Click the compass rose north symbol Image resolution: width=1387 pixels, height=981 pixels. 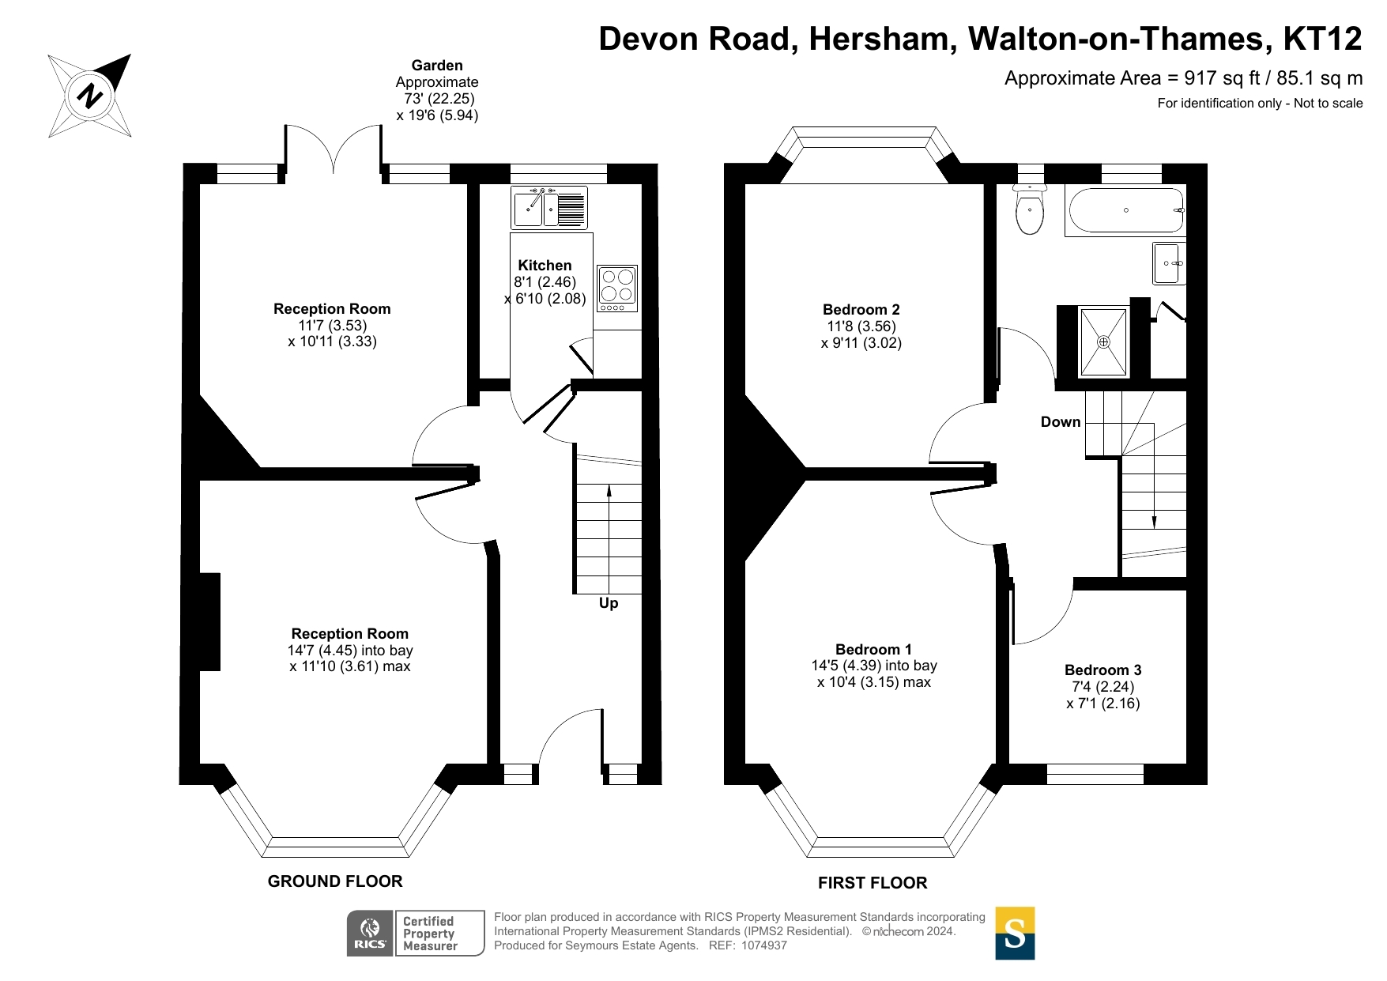(90, 96)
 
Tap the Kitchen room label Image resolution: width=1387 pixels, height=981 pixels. (545, 266)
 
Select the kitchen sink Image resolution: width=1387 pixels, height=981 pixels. (549, 208)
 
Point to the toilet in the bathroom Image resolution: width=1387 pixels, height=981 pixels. (1030, 210)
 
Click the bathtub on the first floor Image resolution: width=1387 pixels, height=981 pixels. (1125, 210)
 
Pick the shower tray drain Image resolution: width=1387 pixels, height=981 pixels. (1103, 342)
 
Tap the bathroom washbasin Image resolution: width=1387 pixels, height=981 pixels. (1170, 263)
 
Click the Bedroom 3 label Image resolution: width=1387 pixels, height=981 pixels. (1102, 670)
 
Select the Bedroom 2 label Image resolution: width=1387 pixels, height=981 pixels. (861, 310)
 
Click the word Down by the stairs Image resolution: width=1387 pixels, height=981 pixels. (1061, 422)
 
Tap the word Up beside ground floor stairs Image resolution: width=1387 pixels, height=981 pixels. (609, 603)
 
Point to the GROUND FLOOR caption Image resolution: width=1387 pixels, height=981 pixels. (335, 881)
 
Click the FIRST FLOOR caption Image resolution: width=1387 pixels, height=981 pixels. (873, 883)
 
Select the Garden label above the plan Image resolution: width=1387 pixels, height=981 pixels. (437, 66)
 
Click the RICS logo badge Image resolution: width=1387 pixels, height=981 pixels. (370, 934)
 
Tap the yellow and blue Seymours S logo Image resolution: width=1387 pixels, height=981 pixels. (1015, 934)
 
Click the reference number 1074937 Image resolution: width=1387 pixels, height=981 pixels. (763, 945)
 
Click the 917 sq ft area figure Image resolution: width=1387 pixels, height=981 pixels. (1216, 78)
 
